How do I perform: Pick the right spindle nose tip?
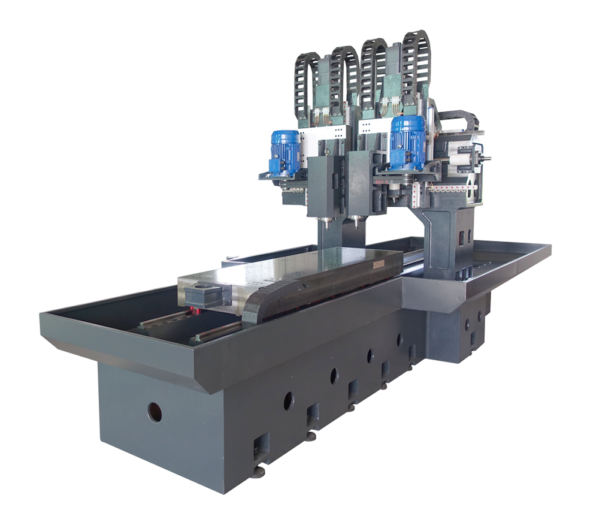[x=355, y=224]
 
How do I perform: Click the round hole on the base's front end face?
[x=155, y=411]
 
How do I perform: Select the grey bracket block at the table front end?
[x=207, y=296]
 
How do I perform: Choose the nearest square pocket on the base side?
[x=261, y=445]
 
